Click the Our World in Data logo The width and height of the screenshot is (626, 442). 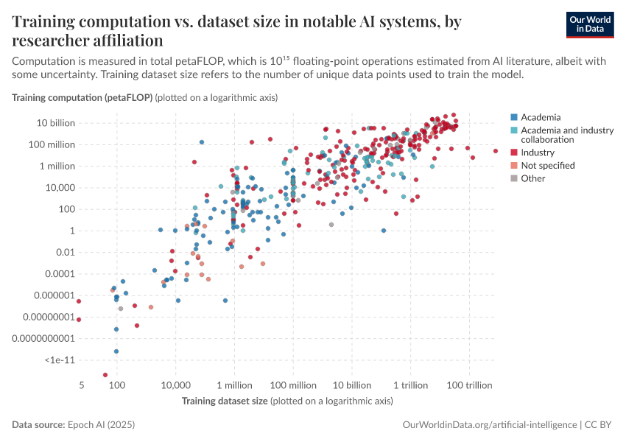590,24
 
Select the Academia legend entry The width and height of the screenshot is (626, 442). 540,117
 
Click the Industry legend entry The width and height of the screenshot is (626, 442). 537,152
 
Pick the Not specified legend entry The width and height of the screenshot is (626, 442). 547,166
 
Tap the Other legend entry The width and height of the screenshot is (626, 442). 532,178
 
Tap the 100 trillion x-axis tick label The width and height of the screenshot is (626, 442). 469,386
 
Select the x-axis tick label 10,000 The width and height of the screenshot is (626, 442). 175,386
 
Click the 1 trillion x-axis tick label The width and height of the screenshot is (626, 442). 411,386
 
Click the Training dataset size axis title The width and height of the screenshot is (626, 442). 225,401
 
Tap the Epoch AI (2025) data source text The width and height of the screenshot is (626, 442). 102,425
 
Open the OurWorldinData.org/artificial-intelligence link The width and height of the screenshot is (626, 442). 490,425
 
